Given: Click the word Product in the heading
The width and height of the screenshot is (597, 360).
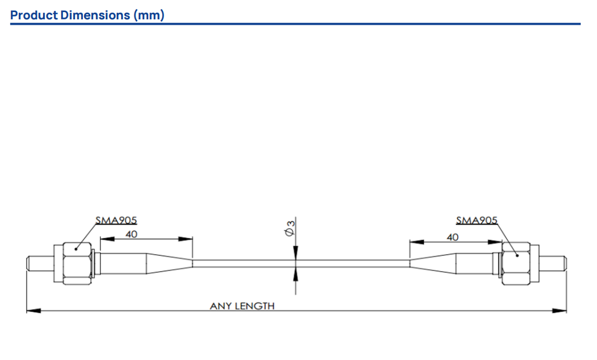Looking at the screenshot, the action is coord(35,15).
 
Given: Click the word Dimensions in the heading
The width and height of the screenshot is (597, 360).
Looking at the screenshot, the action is coord(95,15).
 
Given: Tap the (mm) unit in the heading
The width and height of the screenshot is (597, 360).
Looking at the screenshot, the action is coord(149,15).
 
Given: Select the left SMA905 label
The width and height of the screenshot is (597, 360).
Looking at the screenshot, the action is coord(116,220).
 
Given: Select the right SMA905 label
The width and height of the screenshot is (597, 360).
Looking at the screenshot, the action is coord(477,220).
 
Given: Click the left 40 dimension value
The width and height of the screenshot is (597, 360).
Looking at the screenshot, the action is coord(131,234).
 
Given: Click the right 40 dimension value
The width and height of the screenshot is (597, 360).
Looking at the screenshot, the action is coord(452,237).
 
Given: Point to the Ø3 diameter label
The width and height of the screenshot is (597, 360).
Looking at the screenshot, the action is coord(290,227).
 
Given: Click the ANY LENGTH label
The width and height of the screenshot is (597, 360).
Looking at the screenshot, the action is coord(242,306).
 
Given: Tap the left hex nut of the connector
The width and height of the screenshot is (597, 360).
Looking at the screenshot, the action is coord(78,263).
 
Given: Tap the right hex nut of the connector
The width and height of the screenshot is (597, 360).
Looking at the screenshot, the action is coord(516,263).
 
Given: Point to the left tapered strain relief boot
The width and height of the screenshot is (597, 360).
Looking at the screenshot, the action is coord(170,263).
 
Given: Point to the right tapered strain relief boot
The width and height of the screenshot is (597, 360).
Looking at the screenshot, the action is coord(433,263).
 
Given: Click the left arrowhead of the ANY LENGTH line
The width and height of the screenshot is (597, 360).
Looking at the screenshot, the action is coord(33,310).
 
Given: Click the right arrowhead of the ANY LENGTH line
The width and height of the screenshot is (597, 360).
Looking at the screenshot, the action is coord(559,310).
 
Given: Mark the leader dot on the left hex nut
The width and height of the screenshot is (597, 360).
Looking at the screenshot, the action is coord(76,249).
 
